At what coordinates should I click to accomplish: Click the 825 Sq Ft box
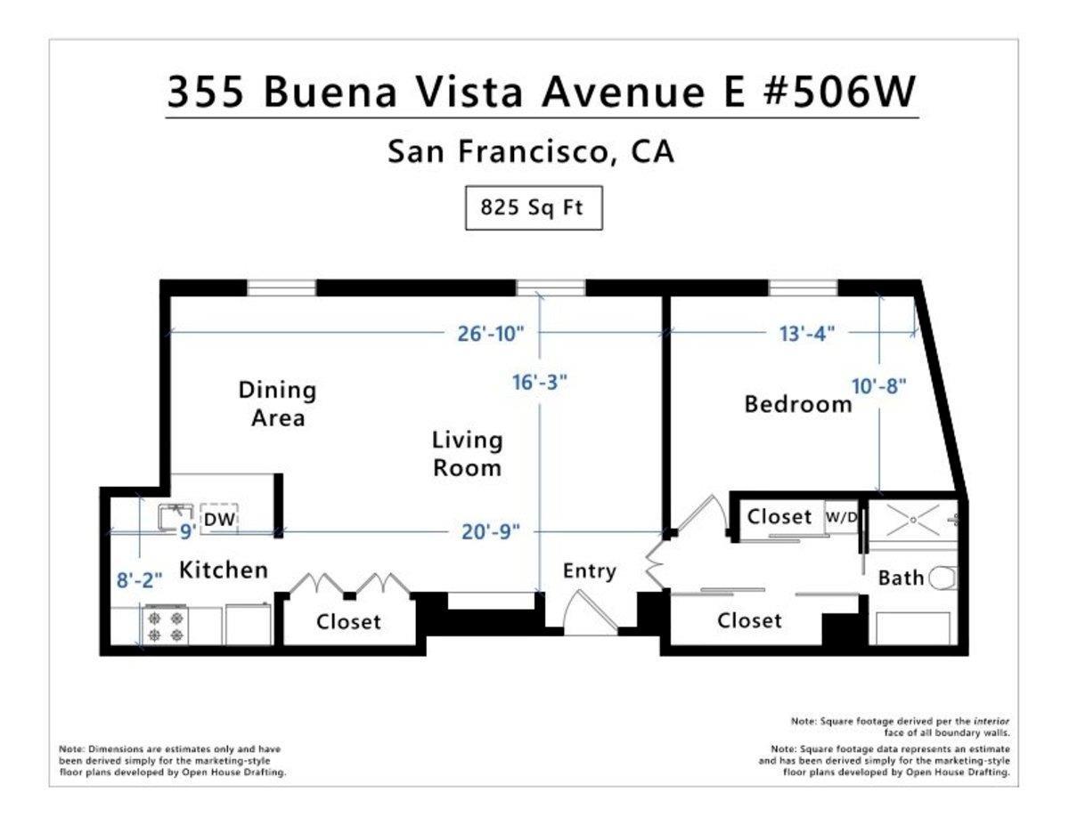click(x=533, y=208)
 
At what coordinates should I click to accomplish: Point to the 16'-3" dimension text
click(x=539, y=382)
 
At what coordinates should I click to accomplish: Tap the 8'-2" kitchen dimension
click(x=138, y=579)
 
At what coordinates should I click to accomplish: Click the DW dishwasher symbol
click(x=219, y=520)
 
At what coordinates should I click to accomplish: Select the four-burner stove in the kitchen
click(x=166, y=624)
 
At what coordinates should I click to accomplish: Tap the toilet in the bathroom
click(x=943, y=579)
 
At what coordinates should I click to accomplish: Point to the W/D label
click(x=842, y=517)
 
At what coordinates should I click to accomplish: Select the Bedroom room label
click(x=798, y=405)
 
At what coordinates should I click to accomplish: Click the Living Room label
click(x=467, y=454)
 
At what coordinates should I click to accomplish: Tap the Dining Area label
click(x=277, y=403)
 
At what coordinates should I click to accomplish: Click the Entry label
click(x=589, y=571)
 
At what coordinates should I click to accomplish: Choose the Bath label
click(x=901, y=578)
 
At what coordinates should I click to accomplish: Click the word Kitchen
click(x=224, y=570)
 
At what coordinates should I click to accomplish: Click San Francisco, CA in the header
click(x=531, y=152)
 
